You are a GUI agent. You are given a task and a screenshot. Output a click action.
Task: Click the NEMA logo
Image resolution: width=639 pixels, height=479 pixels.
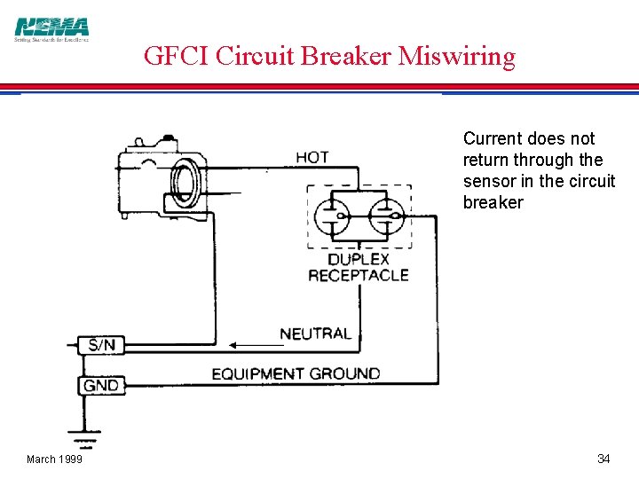(x=51, y=29)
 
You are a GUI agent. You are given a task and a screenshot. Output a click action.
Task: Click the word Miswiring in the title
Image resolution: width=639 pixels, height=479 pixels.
(x=456, y=57)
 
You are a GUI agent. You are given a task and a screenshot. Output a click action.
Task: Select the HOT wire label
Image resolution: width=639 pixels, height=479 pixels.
(x=312, y=157)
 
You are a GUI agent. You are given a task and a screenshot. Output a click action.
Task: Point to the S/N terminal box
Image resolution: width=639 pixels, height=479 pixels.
(x=101, y=344)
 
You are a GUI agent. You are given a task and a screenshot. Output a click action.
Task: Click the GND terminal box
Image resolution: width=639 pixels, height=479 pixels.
(x=101, y=385)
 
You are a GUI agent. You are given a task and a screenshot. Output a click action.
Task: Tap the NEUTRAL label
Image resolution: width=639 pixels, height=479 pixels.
(x=315, y=334)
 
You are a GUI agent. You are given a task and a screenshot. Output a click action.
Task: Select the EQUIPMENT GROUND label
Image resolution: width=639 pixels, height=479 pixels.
(x=296, y=373)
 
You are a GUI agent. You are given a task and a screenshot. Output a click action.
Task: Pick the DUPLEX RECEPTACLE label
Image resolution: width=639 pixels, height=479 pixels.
(x=358, y=267)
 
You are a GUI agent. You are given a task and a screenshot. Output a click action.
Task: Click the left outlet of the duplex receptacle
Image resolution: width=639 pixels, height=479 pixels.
(x=331, y=216)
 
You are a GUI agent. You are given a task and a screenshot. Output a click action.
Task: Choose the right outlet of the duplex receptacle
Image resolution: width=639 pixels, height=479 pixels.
(x=386, y=216)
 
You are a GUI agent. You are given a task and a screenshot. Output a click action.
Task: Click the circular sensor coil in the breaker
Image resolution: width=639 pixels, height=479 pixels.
(x=185, y=183)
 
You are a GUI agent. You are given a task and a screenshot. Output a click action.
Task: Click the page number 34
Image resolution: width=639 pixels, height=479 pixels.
(x=603, y=459)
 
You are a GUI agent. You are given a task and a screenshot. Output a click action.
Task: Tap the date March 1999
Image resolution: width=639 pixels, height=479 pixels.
(x=54, y=459)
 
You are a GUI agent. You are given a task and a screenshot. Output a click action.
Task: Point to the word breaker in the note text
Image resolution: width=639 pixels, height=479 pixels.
(x=493, y=202)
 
